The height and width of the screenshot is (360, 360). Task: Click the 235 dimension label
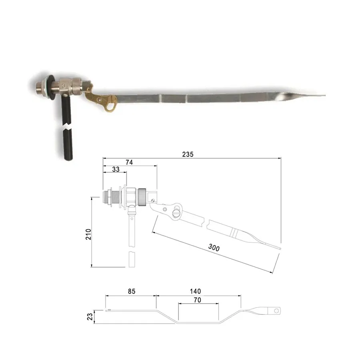pyautogui.click(x=188, y=154)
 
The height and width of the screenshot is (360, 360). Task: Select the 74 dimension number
pyautogui.click(x=129, y=162)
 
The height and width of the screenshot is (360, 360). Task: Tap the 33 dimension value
pyautogui.click(x=116, y=169)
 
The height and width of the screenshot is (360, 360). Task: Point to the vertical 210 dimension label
pyautogui.click(x=88, y=234)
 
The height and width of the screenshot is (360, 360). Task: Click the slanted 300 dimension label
pyautogui.click(x=214, y=248)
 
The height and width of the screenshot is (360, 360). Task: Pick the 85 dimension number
pyautogui.click(x=132, y=291)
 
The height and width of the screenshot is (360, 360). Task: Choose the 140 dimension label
pyautogui.click(x=195, y=291)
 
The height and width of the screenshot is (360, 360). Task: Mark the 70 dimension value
pyautogui.click(x=198, y=300)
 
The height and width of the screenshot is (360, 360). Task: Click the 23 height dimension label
pyautogui.click(x=90, y=317)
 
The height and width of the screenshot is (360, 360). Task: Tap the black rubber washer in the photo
pyautogui.click(x=51, y=88)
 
